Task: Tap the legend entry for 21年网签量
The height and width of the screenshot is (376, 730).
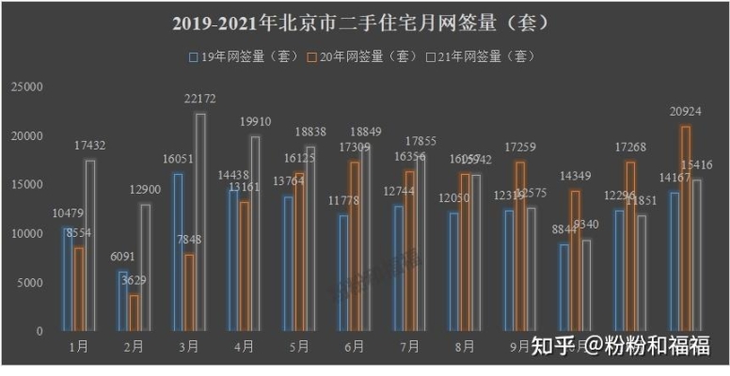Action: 478,56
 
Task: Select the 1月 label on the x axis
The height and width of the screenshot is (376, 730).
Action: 79,347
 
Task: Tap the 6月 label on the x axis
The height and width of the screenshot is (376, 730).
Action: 355,347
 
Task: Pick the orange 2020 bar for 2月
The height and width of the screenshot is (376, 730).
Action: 135,313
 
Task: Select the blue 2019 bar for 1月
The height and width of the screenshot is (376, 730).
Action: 69,279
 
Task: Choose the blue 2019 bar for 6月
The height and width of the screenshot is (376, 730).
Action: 343,273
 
